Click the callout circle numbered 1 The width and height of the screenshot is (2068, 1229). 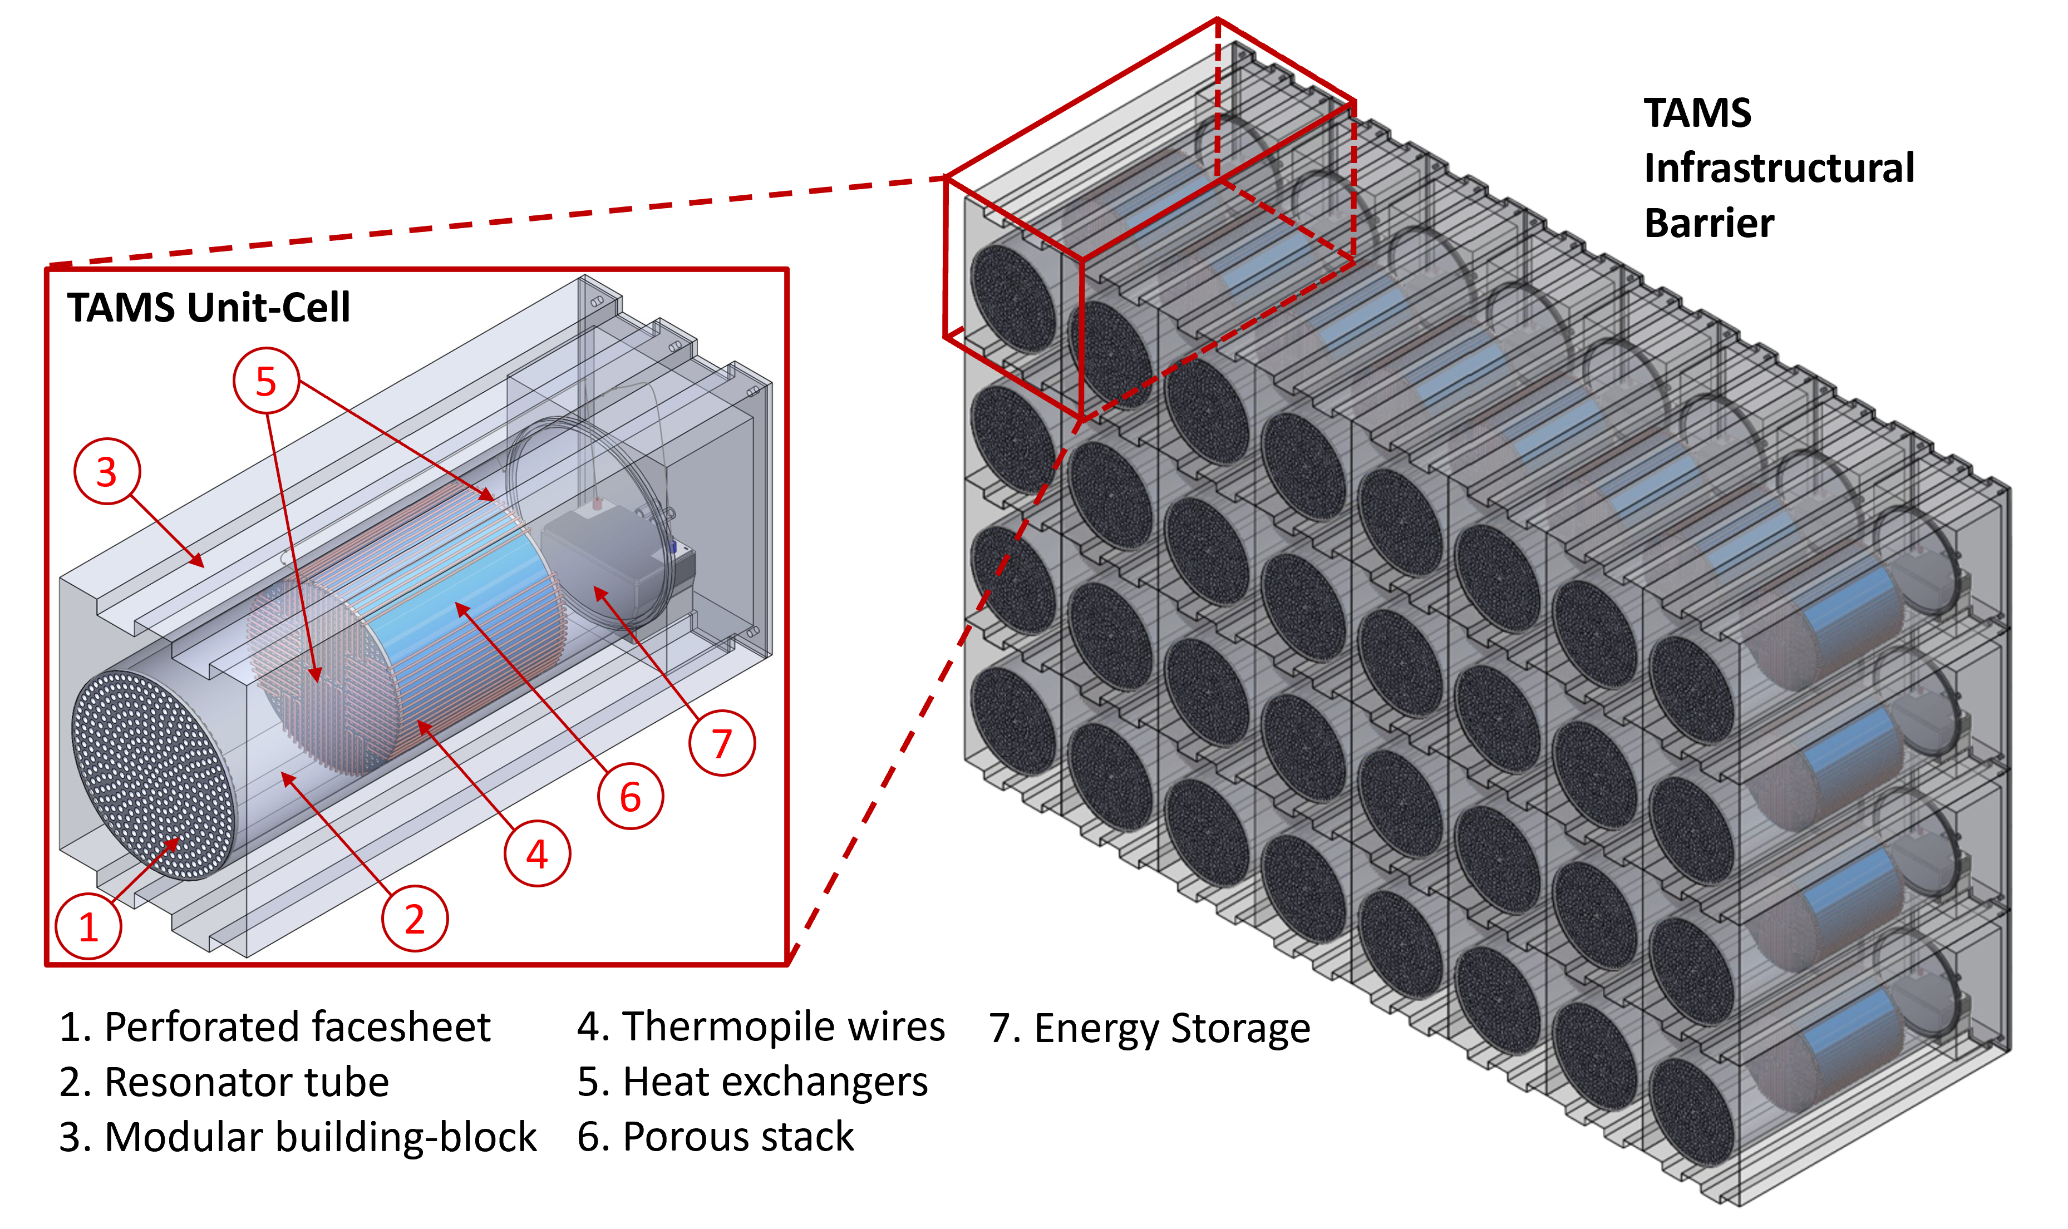(88, 925)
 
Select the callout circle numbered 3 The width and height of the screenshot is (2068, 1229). (107, 471)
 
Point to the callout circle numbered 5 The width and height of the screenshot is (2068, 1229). (265, 381)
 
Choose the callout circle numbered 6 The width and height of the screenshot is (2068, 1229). (631, 797)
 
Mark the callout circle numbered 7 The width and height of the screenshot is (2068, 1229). (721, 743)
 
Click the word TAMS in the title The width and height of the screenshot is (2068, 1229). (121, 307)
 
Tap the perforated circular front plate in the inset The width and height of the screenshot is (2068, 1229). (153, 774)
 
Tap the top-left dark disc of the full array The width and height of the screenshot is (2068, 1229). (1012, 298)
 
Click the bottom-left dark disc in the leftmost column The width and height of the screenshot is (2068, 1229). (1012, 720)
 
